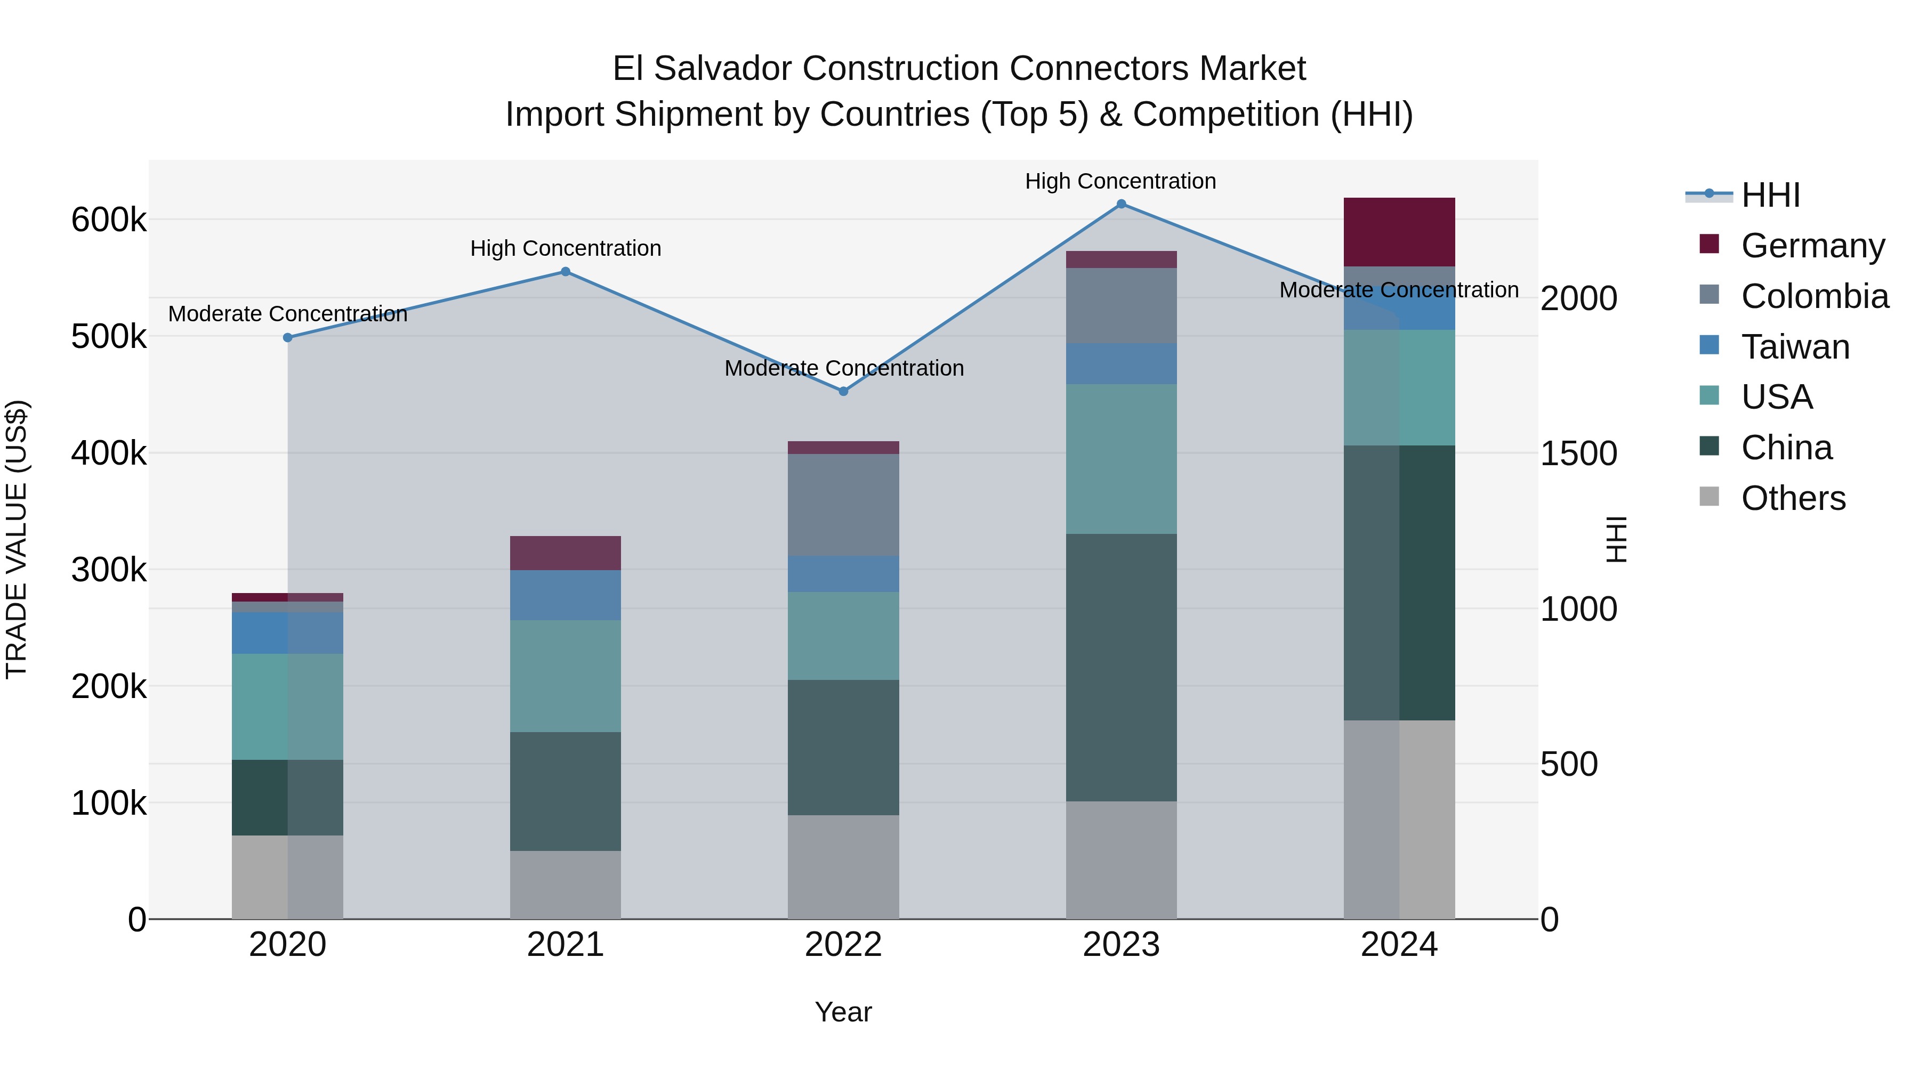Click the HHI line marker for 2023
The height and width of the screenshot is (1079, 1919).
click(x=1121, y=204)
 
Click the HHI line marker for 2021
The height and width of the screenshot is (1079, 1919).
click(x=566, y=272)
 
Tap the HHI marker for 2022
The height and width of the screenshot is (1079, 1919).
click(x=843, y=392)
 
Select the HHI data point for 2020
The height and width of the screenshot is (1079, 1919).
click(x=287, y=338)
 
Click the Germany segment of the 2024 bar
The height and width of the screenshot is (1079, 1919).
click(x=1399, y=232)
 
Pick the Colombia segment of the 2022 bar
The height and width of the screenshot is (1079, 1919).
click(x=843, y=505)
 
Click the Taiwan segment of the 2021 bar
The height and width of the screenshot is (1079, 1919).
click(x=566, y=595)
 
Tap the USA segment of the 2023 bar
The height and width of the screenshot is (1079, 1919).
click(x=1121, y=459)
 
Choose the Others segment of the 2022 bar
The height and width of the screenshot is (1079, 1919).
click(x=843, y=867)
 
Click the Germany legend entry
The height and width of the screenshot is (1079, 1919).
click(x=1812, y=246)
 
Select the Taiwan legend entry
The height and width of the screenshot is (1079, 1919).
click(x=1795, y=347)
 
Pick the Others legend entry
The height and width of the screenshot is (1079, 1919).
click(x=1793, y=498)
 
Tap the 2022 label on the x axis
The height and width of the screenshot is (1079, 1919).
click(x=843, y=945)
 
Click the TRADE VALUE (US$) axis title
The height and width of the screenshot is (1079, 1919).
click(x=17, y=539)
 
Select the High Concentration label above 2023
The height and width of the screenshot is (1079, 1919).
click(x=1120, y=181)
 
